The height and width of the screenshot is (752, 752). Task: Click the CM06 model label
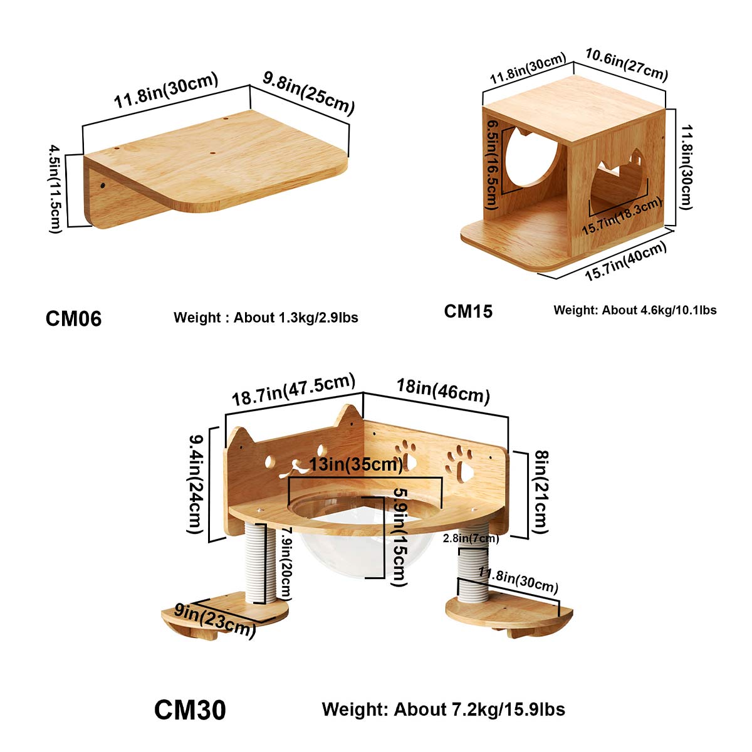click(73, 318)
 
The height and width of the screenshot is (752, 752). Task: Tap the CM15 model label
click(468, 311)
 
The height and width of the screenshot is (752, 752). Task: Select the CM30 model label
click(190, 710)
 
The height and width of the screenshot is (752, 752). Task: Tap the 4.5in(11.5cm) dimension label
click(57, 189)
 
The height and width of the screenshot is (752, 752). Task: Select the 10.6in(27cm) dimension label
click(626, 64)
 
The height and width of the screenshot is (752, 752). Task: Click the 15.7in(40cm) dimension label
click(625, 262)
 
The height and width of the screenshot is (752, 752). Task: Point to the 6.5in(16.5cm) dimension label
click(493, 164)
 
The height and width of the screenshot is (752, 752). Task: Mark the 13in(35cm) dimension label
click(356, 464)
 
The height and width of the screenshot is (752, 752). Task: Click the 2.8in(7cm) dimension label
click(471, 538)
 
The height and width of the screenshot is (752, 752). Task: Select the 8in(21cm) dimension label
click(541, 492)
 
